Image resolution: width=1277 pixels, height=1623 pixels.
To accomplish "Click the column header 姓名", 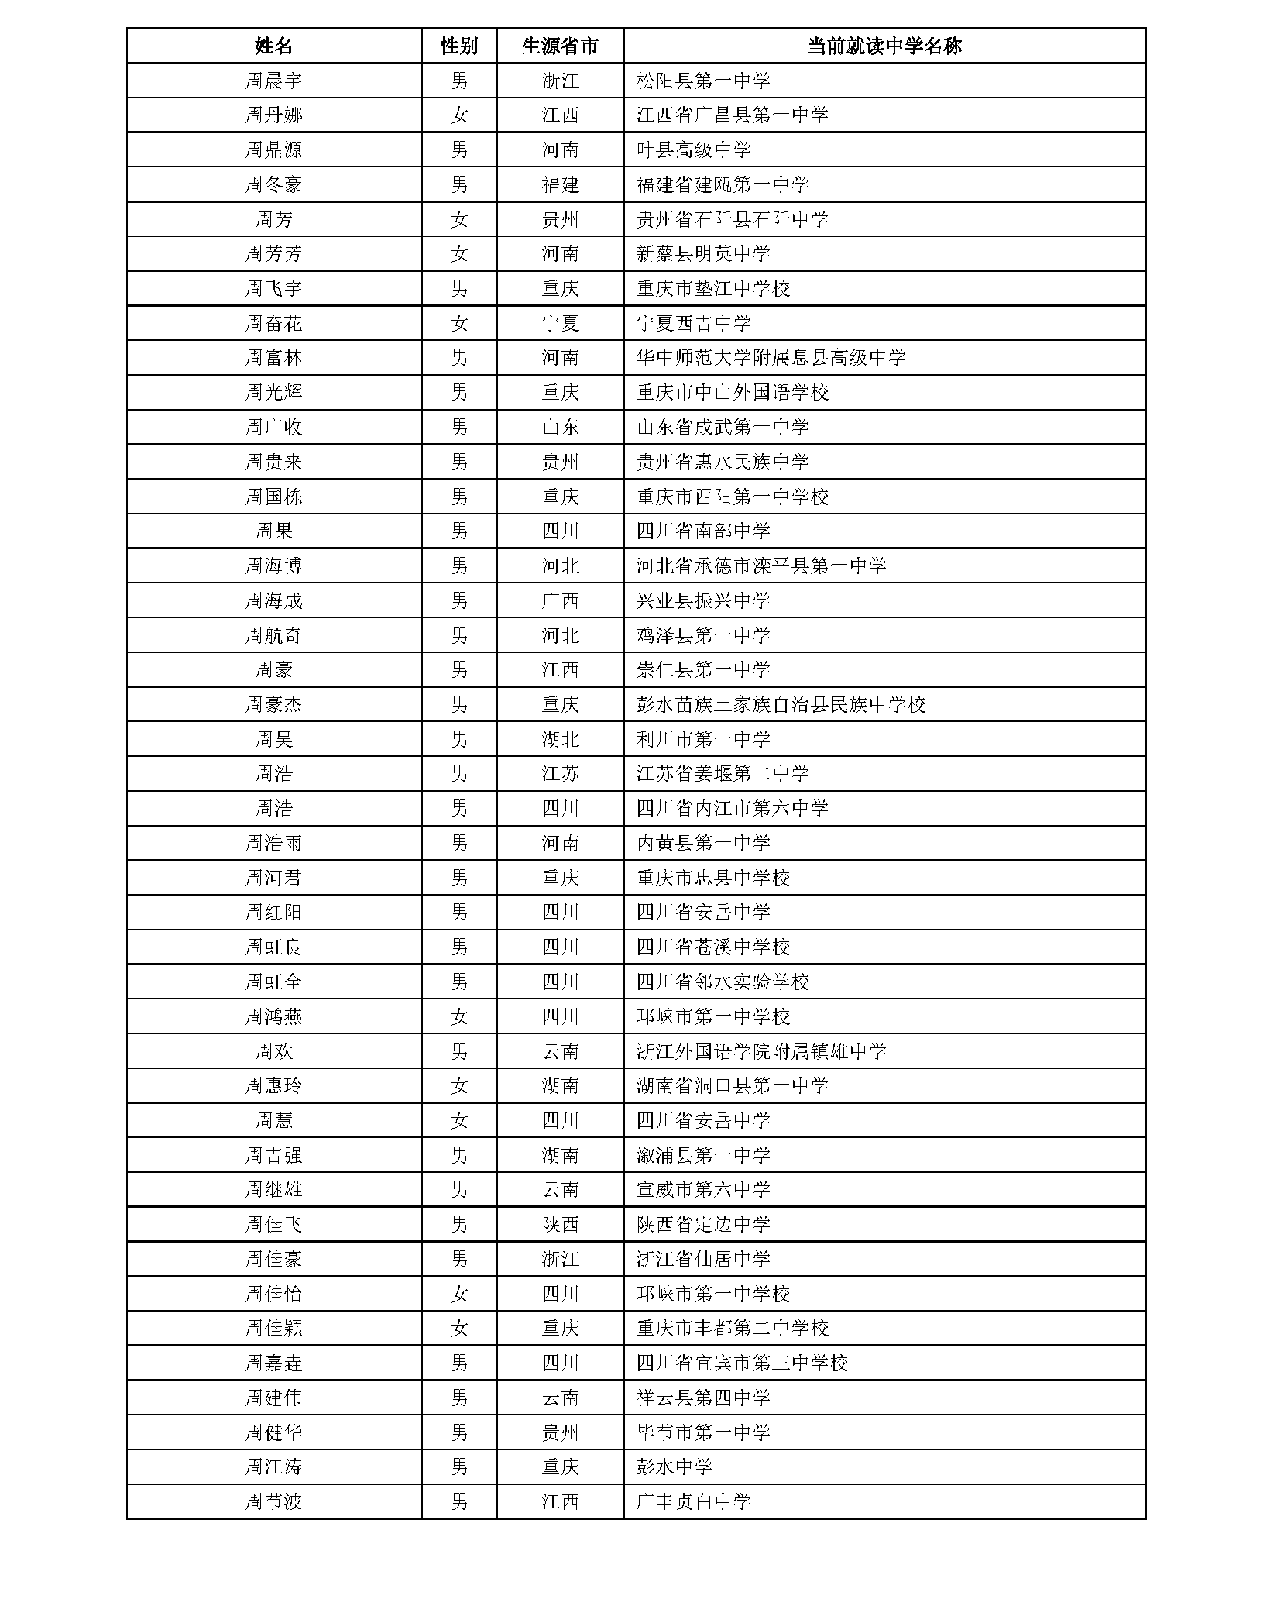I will coord(273,46).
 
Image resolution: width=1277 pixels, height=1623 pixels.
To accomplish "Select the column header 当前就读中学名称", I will coord(884,46).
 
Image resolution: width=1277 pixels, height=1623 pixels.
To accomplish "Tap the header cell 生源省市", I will coord(560,46).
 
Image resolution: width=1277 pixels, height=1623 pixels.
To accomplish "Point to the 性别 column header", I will coord(458,46).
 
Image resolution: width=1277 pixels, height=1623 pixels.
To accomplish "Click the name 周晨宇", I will coord(273,81).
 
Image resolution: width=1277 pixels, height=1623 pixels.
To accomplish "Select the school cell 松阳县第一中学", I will coord(703,81).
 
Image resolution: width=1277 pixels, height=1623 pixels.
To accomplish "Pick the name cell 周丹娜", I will coord(273,115).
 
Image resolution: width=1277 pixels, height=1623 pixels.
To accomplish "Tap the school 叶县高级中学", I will coord(693,150).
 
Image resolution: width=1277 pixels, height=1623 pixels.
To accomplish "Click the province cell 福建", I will coord(560,184).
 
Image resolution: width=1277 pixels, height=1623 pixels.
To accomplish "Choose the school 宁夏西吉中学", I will coord(693,323).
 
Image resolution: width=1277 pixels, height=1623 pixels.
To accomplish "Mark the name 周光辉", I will coord(273,392).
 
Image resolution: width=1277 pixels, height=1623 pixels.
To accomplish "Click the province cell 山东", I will coord(560,427).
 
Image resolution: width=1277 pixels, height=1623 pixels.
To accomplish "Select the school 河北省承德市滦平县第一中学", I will coord(761,566).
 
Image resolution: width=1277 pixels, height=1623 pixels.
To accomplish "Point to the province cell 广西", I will coord(560,600).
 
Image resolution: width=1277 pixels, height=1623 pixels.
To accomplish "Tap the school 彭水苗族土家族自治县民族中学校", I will coord(781,704).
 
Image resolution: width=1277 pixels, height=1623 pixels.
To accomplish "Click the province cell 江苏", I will coord(560,773).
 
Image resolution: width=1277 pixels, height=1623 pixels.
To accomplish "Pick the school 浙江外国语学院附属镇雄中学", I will coord(761,1051).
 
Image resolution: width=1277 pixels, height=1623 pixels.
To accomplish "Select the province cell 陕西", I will coord(560,1224).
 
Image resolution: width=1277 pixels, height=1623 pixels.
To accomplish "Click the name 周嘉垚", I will coord(273,1363).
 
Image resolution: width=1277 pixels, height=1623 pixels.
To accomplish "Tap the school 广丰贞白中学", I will coord(693,1501).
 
